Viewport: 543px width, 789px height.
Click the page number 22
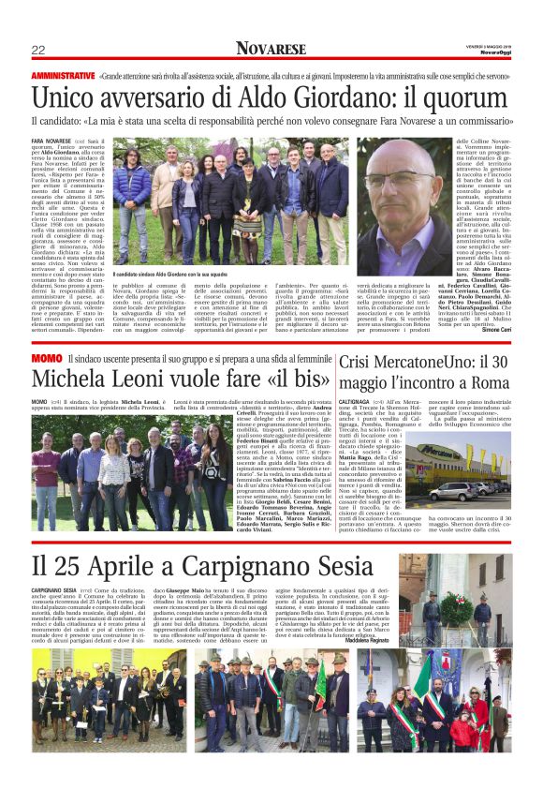[38, 50]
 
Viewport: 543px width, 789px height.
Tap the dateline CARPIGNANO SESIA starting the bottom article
[53, 589]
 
